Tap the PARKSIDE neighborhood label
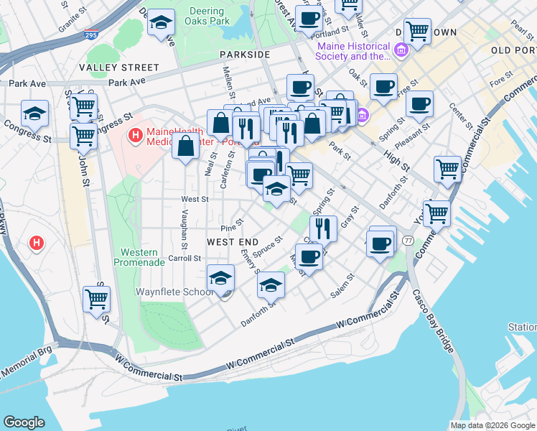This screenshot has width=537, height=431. click(245, 55)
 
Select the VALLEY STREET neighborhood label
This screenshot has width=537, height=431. click(109, 68)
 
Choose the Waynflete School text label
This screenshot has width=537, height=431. click(175, 292)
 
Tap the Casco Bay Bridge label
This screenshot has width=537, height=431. click(433, 320)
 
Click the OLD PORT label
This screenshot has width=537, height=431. click(514, 50)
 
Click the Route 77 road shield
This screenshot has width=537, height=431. click(408, 239)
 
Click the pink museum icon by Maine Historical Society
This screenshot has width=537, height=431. click(400, 50)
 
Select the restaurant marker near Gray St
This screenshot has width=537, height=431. click(324, 228)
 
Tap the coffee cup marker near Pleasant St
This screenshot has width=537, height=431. click(419, 103)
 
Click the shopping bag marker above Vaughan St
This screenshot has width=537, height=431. click(186, 147)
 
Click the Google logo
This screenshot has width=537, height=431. click(24, 422)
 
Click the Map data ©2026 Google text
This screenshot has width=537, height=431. click(491, 425)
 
